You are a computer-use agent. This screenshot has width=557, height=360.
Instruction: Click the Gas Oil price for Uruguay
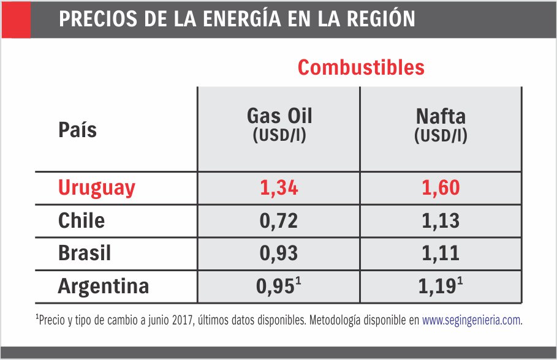click(279, 188)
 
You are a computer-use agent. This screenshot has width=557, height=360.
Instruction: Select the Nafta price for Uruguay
click(441, 188)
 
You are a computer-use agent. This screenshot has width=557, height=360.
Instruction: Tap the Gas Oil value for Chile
click(279, 220)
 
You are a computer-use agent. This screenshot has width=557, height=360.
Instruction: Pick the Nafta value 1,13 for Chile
click(441, 220)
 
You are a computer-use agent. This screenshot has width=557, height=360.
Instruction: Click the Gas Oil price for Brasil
click(279, 253)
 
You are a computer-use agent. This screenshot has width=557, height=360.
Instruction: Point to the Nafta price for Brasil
click(441, 253)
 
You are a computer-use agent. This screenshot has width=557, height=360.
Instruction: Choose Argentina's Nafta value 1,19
click(438, 287)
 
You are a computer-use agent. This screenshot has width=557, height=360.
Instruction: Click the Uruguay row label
click(96, 188)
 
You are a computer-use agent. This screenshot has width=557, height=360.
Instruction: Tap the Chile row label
click(81, 220)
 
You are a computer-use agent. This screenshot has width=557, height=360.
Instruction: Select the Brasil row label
click(85, 253)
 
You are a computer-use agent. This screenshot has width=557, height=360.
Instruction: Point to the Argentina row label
click(104, 287)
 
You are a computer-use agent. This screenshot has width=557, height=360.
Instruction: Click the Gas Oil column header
click(279, 116)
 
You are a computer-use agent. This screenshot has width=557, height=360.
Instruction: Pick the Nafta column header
click(441, 116)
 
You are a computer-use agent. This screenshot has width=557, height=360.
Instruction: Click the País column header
click(77, 130)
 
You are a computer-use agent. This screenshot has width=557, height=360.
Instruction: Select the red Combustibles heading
click(361, 67)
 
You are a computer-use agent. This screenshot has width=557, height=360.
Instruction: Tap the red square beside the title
click(15, 19)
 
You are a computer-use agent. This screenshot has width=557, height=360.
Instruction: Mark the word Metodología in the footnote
click(340, 320)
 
